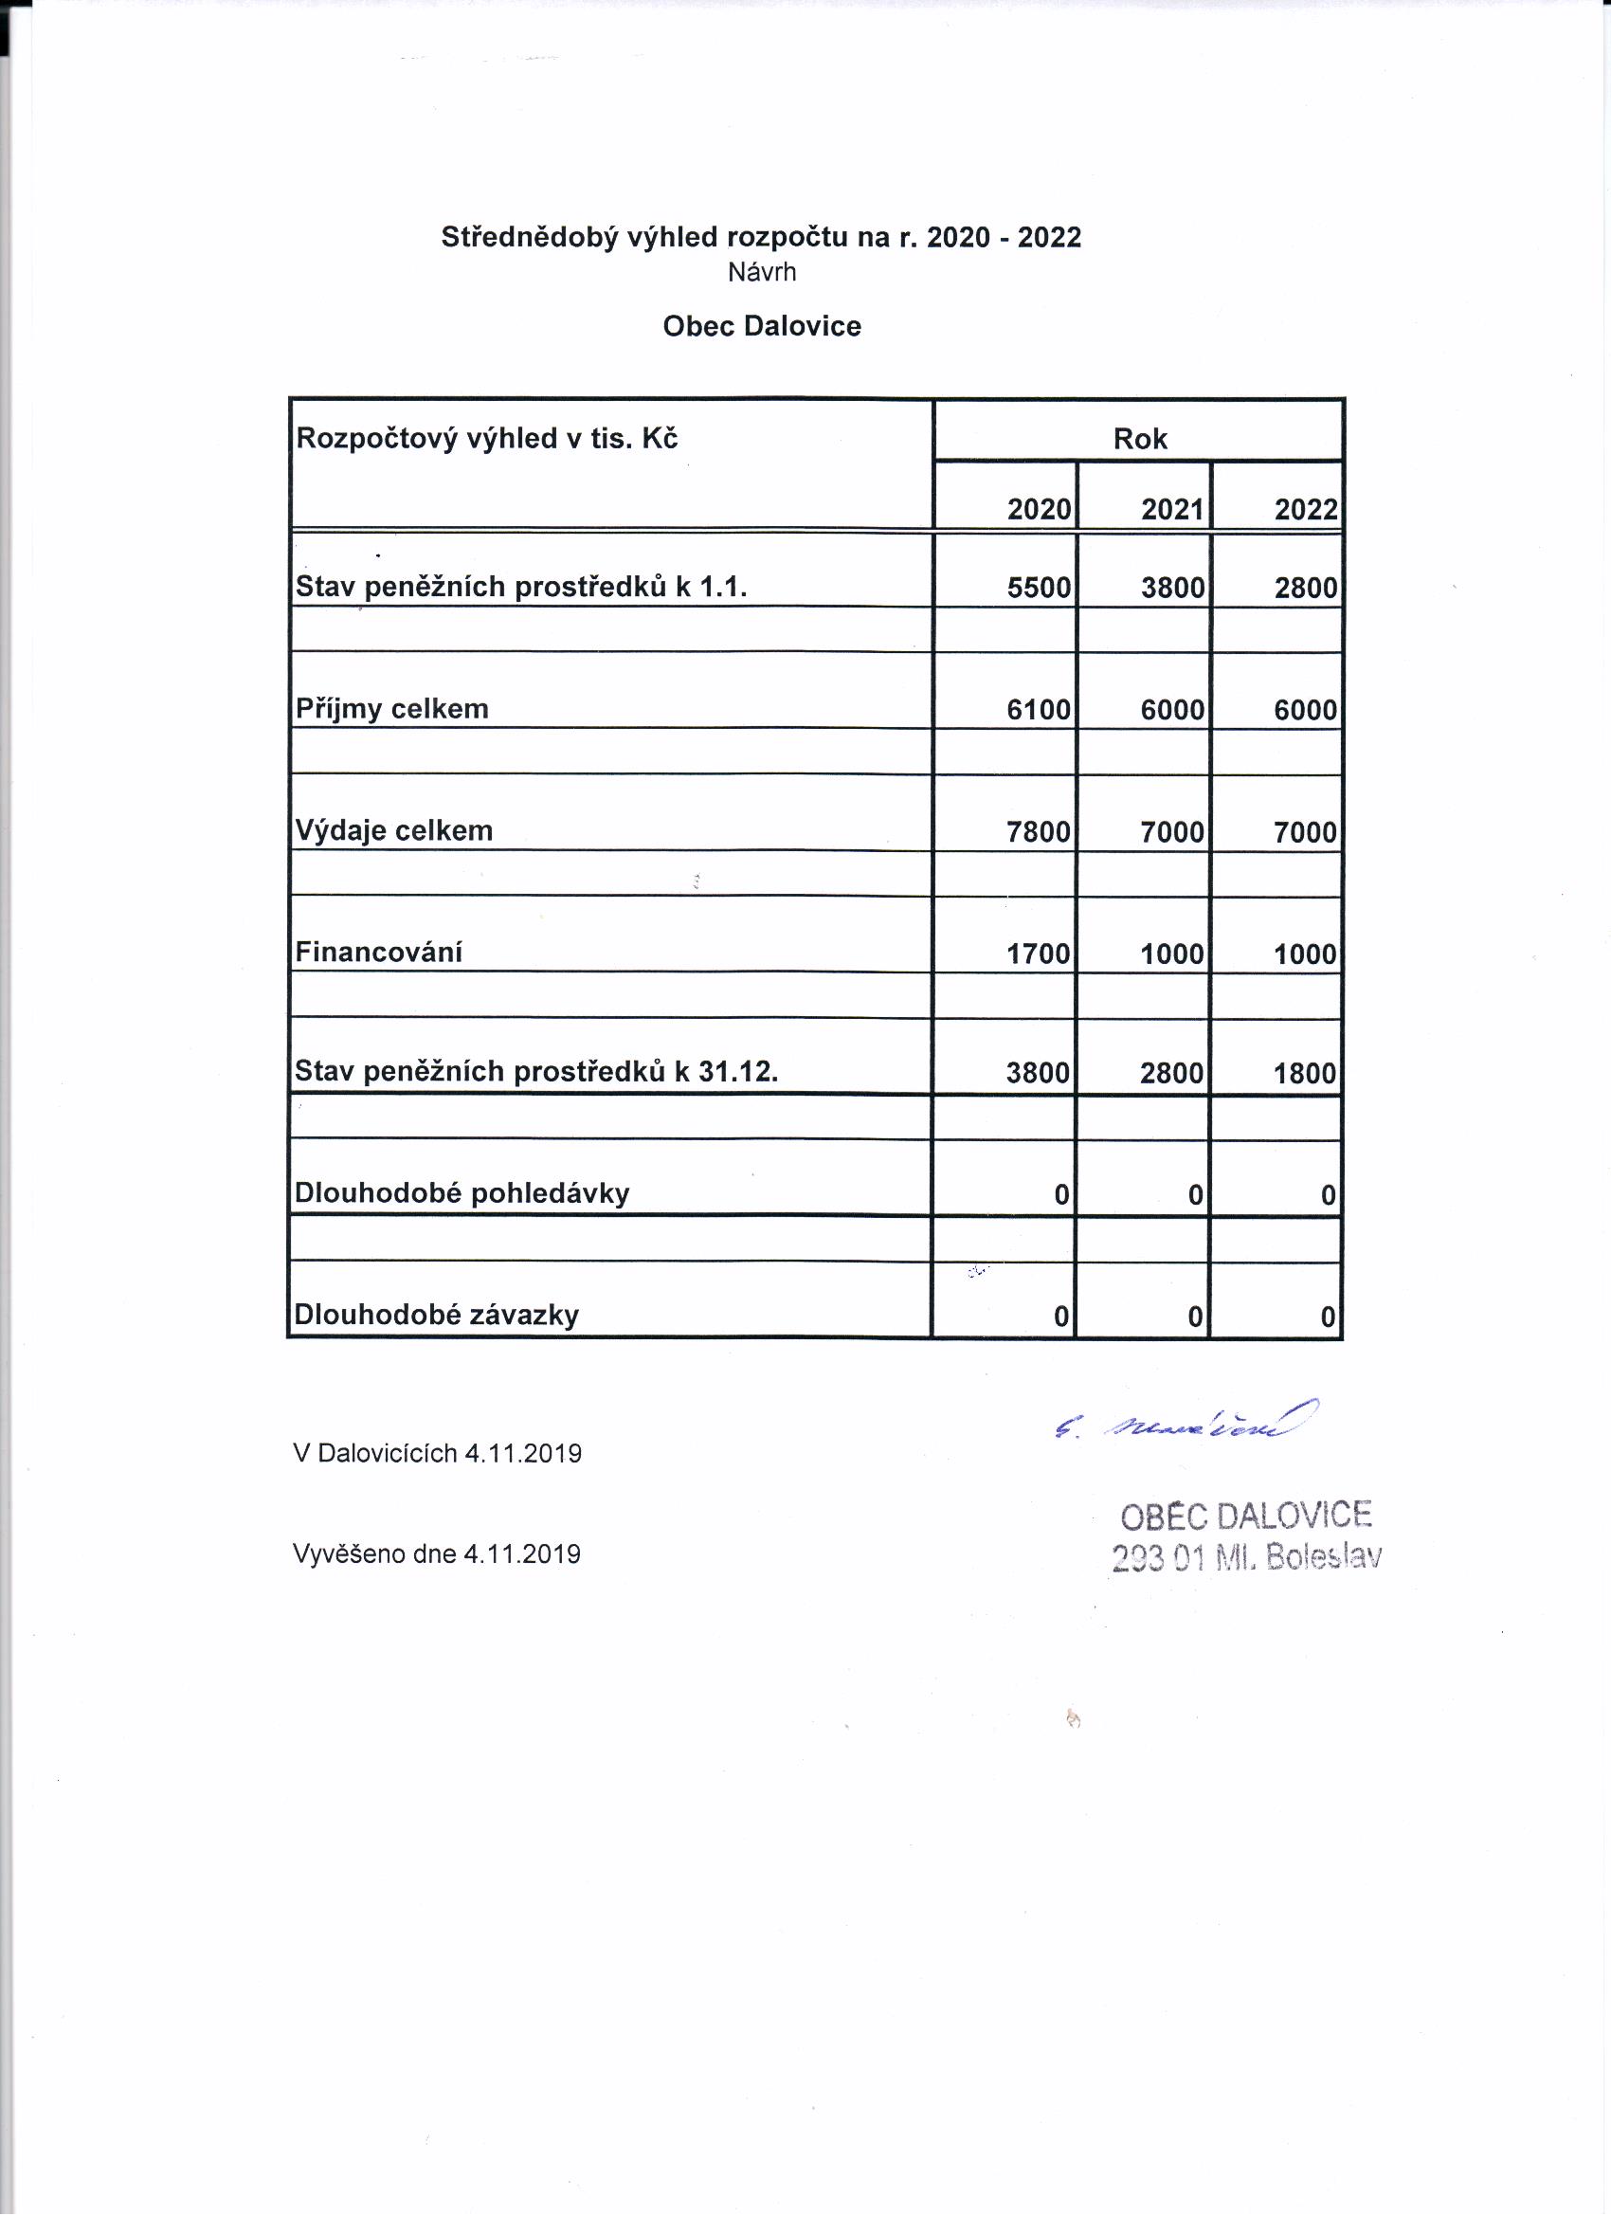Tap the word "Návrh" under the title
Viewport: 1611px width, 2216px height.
761,272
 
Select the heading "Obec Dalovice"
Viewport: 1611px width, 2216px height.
761,326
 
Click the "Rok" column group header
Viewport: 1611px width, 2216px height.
1139,439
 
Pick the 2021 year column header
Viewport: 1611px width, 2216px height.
1171,509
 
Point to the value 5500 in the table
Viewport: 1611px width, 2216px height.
1039,588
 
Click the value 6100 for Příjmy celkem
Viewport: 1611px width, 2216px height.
1039,709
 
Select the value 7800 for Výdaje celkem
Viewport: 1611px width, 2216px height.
1039,831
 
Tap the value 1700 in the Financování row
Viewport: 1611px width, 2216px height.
1039,954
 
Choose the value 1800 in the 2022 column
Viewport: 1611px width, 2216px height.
1304,1074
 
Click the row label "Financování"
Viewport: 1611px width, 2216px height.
378,953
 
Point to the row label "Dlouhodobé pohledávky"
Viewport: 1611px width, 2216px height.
462,1193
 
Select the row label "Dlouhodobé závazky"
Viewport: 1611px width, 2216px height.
437,1316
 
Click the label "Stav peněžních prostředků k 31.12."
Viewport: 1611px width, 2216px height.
536,1072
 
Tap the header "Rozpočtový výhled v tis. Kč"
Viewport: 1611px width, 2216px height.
486,439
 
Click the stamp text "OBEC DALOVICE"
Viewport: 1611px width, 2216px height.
1245,1516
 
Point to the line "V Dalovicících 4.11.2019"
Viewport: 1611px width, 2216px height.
437,1454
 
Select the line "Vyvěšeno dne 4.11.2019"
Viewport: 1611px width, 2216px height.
437,1553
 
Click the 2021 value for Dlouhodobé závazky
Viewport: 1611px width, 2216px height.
1195,1317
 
